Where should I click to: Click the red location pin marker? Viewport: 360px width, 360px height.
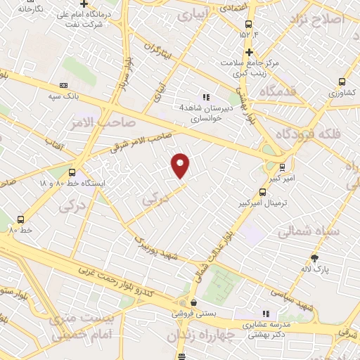point(181,165)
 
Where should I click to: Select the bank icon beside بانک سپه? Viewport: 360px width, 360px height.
point(63,85)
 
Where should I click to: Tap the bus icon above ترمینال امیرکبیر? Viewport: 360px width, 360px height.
point(263,191)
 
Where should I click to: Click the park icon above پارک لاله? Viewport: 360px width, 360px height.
point(323,257)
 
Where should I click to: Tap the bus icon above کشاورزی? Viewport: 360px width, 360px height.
point(342,81)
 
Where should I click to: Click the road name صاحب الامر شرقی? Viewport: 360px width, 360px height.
point(141,142)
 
